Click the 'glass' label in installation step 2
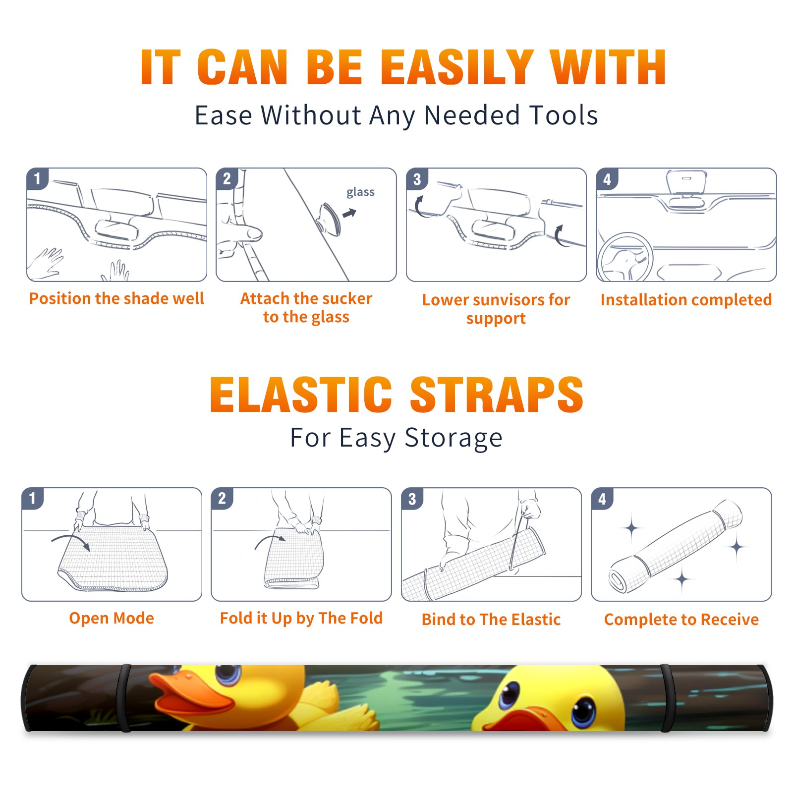click(x=360, y=192)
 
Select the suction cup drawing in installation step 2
click(x=330, y=219)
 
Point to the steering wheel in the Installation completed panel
click(x=625, y=258)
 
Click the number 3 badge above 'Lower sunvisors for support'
click(x=417, y=179)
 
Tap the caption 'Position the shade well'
click(x=116, y=298)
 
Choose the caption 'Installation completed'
click(x=686, y=299)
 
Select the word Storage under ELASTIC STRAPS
click(x=453, y=438)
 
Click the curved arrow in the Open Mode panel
click(x=71, y=542)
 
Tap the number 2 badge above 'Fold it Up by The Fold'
click(x=222, y=498)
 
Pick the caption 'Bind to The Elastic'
click(x=491, y=619)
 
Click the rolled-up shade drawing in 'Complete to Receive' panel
click(x=676, y=546)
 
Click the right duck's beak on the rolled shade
click(x=525, y=720)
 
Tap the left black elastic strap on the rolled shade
click(x=124, y=698)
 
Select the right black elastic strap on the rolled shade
click(x=668, y=698)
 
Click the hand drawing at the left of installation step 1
click(x=46, y=263)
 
